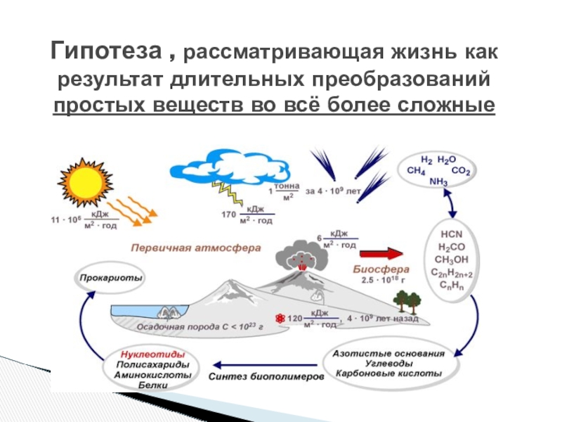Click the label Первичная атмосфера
click(195, 248)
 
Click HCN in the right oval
click(446, 233)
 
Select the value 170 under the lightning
click(229, 214)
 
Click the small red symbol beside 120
click(280, 319)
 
